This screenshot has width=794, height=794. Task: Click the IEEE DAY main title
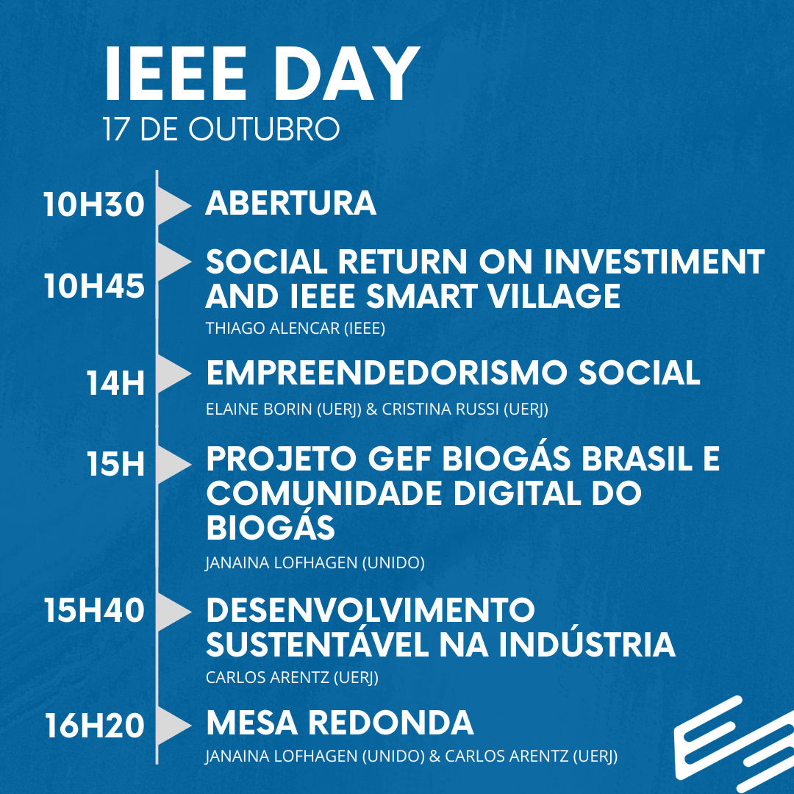pyautogui.click(x=262, y=74)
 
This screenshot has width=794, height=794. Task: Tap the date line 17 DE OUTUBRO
pyautogui.click(x=221, y=129)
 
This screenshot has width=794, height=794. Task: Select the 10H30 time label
pyautogui.click(x=94, y=204)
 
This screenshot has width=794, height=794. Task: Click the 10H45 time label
pyautogui.click(x=94, y=286)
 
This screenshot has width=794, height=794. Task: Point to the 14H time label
pyautogui.click(x=115, y=383)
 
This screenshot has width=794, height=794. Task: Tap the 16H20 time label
pyautogui.click(x=95, y=726)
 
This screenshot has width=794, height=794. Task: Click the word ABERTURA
pyautogui.click(x=290, y=203)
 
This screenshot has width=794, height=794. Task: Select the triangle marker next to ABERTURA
pyautogui.click(x=172, y=206)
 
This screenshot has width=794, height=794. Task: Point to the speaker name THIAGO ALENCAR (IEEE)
pyautogui.click(x=296, y=328)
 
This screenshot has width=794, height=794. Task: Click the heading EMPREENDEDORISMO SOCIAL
pyautogui.click(x=453, y=373)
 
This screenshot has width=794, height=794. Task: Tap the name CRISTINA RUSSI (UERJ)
pyautogui.click(x=465, y=409)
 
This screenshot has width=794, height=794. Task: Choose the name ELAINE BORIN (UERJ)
pyautogui.click(x=284, y=409)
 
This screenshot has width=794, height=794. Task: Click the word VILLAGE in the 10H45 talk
pyautogui.click(x=554, y=296)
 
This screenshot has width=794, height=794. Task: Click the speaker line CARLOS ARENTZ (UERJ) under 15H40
pyautogui.click(x=292, y=677)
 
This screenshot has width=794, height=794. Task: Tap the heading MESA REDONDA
pyautogui.click(x=340, y=723)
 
